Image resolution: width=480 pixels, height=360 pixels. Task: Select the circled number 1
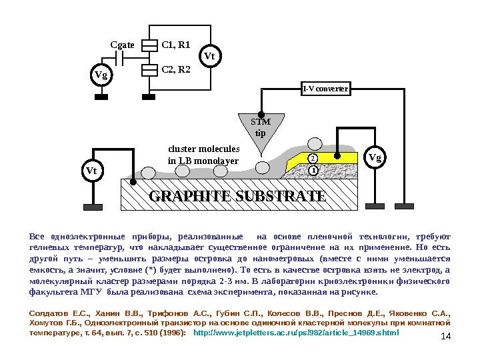311,170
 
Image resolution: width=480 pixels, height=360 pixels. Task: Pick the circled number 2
311,158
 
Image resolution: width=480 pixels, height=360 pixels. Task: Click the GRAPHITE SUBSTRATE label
238,197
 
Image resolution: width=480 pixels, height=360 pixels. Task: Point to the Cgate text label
122,46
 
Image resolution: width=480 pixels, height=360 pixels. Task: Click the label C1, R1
177,45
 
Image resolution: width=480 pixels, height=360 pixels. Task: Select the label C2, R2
177,69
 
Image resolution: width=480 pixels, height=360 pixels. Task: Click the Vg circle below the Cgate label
101,75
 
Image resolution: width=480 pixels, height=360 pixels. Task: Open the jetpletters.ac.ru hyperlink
300,331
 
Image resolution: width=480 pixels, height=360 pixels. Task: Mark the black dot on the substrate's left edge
133,182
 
